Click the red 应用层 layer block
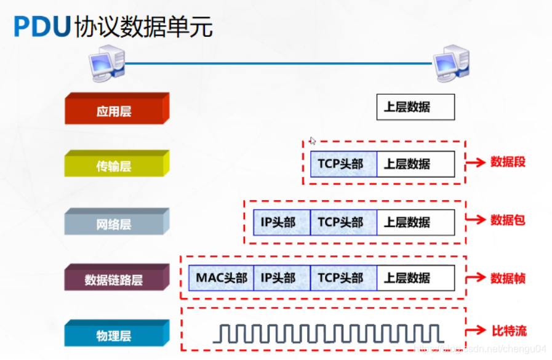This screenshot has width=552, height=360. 114,111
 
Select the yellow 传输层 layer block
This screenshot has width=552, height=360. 114,166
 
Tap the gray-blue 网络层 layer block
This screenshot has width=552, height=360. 114,223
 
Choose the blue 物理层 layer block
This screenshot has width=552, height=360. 114,335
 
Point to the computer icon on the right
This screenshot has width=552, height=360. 451,62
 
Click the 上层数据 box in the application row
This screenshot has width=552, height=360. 415,107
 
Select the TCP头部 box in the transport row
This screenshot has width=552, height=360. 343,164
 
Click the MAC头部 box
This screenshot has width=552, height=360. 221,278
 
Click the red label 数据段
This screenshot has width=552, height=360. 508,162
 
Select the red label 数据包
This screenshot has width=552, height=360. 508,220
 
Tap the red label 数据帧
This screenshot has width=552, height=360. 508,278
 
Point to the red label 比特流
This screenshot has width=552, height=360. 508,331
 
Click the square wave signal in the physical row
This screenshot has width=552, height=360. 329,333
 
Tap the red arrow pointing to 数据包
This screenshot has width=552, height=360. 474,220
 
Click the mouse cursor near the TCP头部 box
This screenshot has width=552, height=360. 313,140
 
